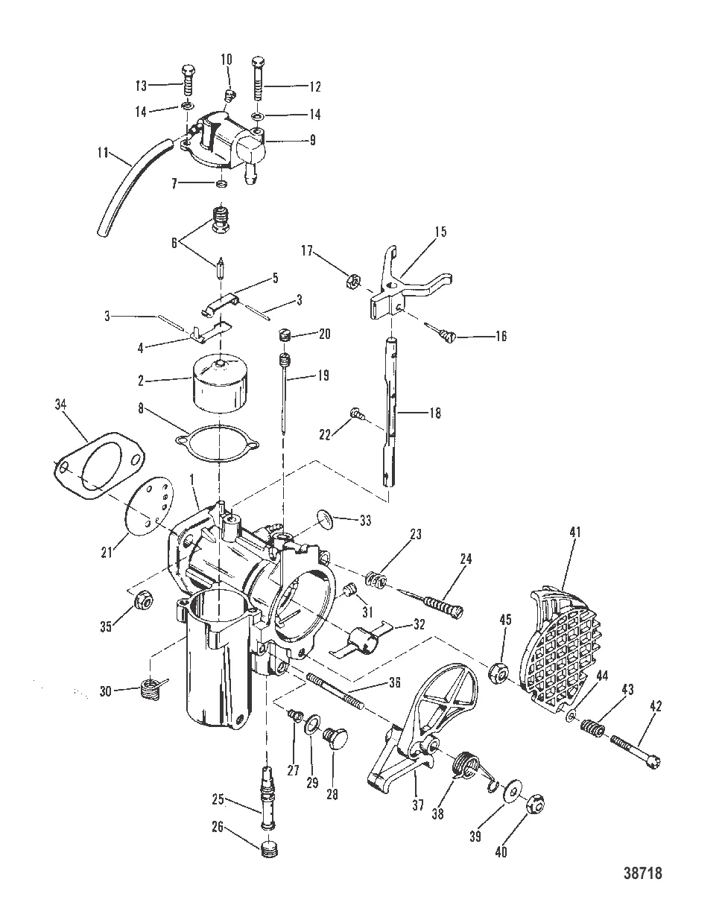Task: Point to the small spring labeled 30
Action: pos(153,690)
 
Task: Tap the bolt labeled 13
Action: pos(187,80)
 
